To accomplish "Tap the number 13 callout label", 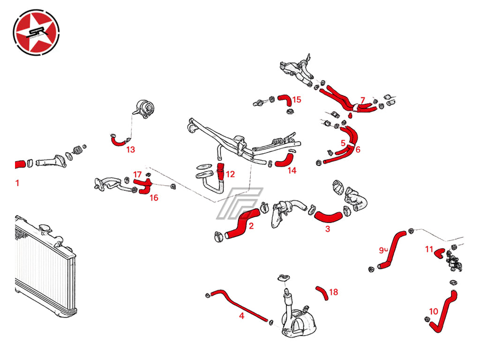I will click(130, 150).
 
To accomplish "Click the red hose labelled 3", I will click(328, 217).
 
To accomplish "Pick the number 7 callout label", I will click(362, 100).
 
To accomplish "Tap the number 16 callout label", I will click(154, 198).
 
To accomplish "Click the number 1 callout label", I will click(17, 183).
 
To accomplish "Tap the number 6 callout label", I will click(358, 150).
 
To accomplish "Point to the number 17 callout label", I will click(137, 174).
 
